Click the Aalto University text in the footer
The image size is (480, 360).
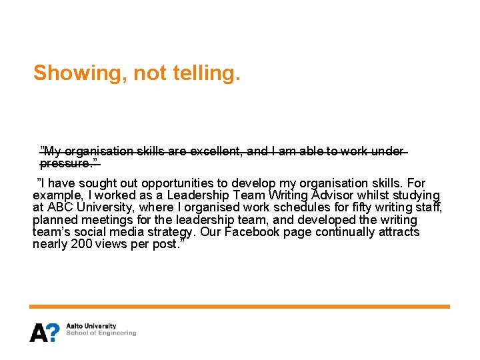91,327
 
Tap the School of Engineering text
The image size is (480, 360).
101,333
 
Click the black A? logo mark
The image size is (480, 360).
44,331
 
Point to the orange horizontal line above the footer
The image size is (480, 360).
239,307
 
